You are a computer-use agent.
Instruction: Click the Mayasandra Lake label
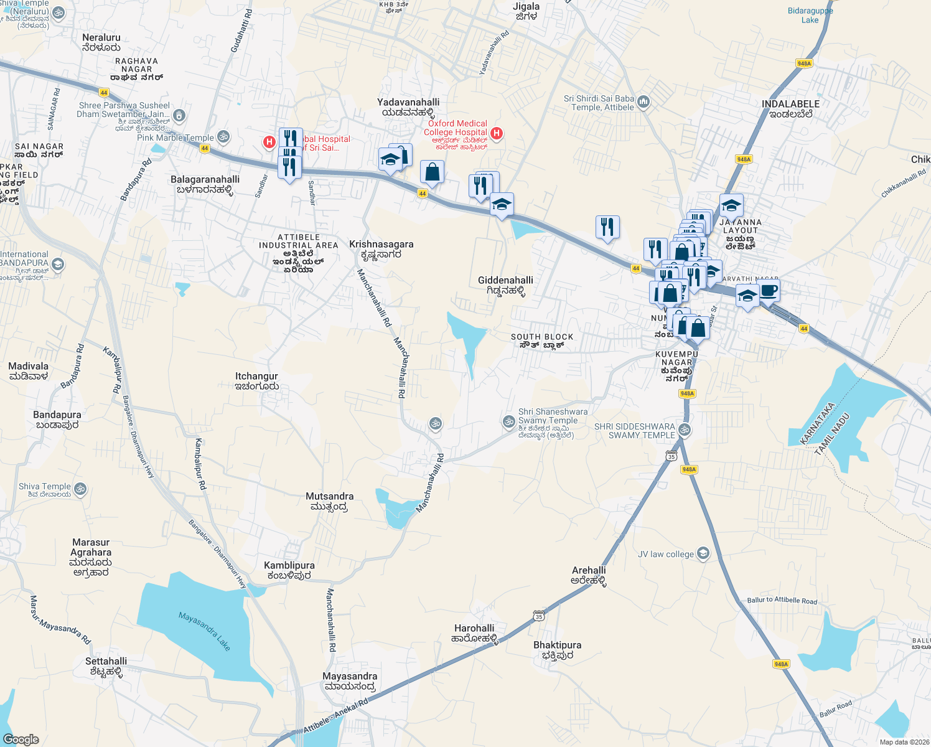click(x=204, y=631)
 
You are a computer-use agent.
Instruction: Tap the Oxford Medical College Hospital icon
click(x=497, y=133)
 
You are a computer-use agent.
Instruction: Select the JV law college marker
click(x=703, y=553)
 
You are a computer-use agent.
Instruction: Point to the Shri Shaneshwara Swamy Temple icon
click(x=509, y=421)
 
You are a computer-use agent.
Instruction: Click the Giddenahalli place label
click(x=505, y=285)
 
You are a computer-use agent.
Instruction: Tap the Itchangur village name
click(x=256, y=380)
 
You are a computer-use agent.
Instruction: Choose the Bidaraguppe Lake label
click(x=810, y=16)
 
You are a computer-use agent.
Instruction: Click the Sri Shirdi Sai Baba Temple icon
click(x=643, y=101)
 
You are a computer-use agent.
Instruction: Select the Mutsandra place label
click(x=329, y=501)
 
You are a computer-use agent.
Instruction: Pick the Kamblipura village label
click(x=289, y=570)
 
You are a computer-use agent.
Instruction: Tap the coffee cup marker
click(x=769, y=290)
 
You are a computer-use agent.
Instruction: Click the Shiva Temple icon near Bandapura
click(x=80, y=489)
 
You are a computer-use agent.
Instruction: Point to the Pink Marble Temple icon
click(x=223, y=136)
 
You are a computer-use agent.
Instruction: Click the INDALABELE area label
click(x=790, y=108)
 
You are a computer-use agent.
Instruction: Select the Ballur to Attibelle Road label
click(x=782, y=600)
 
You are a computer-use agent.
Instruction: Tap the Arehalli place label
click(x=589, y=575)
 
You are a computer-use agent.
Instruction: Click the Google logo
click(x=21, y=739)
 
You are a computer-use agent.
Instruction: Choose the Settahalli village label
click(x=106, y=666)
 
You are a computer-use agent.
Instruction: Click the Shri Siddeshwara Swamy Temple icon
click(x=685, y=430)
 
